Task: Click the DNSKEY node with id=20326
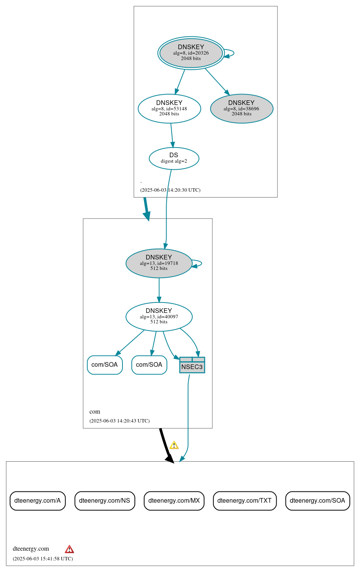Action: pyautogui.click(x=191, y=53)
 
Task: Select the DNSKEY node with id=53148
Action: pyautogui.click(x=169, y=108)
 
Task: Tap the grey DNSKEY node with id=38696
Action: pyautogui.click(x=241, y=108)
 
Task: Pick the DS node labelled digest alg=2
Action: pyautogui.click(x=174, y=158)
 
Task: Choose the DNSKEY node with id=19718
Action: pyautogui.click(x=159, y=263)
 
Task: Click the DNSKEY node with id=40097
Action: pyautogui.click(x=159, y=316)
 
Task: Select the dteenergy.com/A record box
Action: pyautogui.click(x=38, y=501)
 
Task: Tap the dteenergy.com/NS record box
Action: pyautogui.click(x=105, y=501)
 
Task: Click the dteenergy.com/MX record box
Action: pyautogui.click(x=174, y=501)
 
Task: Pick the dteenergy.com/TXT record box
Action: pyautogui.click(x=245, y=501)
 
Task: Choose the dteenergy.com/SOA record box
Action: pyautogui.click(x=317, y=501)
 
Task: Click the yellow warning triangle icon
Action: pyautogui.click(x=174, y=445)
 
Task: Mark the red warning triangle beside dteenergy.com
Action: pyautogui.click(x=69, y=549)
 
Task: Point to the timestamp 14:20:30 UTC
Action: pyautogui.click(x=171, y=190)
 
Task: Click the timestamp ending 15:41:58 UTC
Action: pyautogui.click(x=43, y=559)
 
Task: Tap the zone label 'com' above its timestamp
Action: pyautogui.click(x=95, y=412)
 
